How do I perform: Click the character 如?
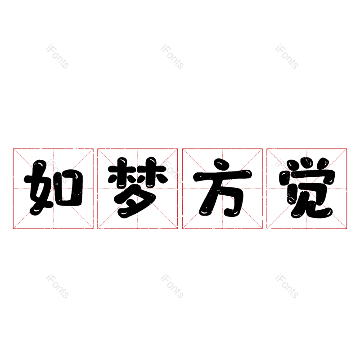pyautogui.click(x=53, y=188)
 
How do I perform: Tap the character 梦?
pyautogui.click(x=137, y=188)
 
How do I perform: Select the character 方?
pyautogui.click(x=222, y=188)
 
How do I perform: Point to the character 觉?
pyautogui.click(x=307, y=188)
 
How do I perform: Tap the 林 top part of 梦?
pyautogui.click(x=137, y=173)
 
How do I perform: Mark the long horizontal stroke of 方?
pyautogui.click(x=222, y=176)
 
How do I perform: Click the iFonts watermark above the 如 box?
pyautogui.click(x=57, y=57)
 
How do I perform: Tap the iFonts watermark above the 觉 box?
pyautogui.click(x=287, y=57)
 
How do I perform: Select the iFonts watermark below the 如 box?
pyautogui.click(x=57, y=287)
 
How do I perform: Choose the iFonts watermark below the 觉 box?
pyautogui.click(x=287, y=287)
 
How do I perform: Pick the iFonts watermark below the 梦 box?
pyautogui.click(x=172, y=287)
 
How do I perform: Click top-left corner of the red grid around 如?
pyautogui.click(x=13, y=148)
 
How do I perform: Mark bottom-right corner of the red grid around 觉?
pyautogui.click(x=347, y=229)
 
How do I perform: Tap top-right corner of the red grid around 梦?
pyautogui.click(x=178, y=148)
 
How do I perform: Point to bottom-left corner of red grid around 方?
pyautogui.click(x=182, y=229)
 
